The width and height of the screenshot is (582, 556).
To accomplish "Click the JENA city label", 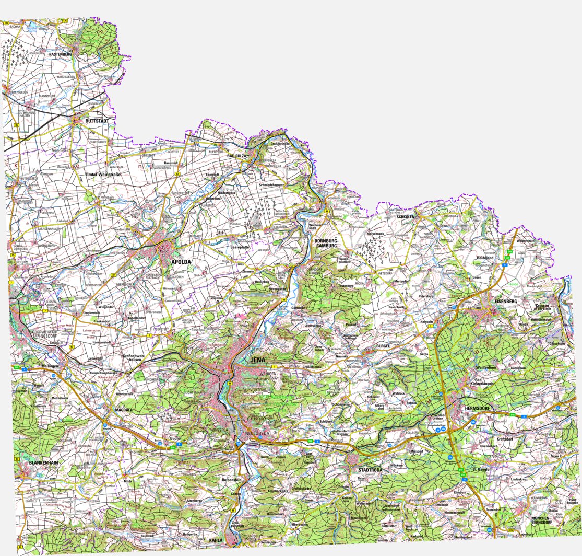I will [x=258, y=360].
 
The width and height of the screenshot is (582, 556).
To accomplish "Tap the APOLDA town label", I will [x=181, y=262].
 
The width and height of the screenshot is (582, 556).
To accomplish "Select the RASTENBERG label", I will [x=60, y=54].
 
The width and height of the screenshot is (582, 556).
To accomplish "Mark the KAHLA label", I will [x=216, y=540].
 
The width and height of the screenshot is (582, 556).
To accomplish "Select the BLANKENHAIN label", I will [x=44, y=463].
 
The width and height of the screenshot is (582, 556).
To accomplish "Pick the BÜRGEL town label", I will [x=384, y=347].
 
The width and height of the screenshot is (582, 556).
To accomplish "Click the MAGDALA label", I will [x=125, y=411].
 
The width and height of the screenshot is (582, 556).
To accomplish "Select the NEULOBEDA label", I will [x=257, y=434].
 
